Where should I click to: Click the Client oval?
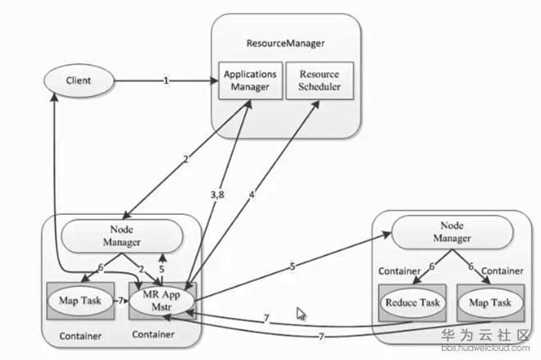(x=80, y=81)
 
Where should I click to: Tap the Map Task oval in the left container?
(x=80, y=299)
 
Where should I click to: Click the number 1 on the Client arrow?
(x=166, y=81)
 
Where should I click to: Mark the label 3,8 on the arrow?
(x=218, y=194)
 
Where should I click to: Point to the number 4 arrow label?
(x=252, y=194)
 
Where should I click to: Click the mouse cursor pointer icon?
(x=301, y=313)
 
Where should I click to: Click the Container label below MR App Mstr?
(x=153, y=335)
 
